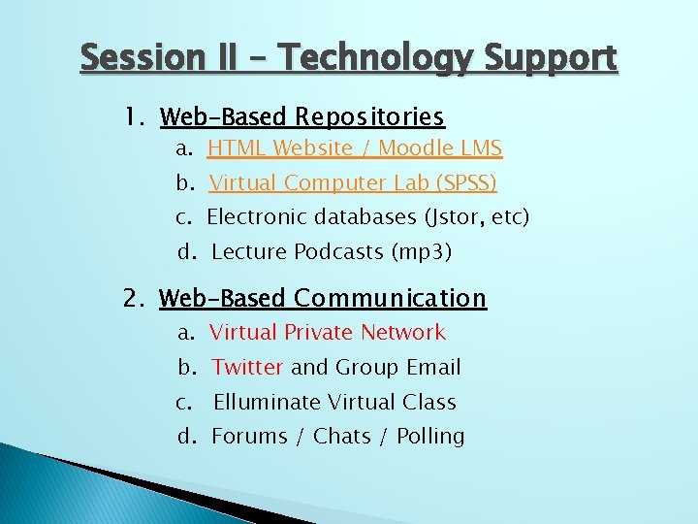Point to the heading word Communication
click(x=390, y=298)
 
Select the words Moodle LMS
click(x=440, y=148)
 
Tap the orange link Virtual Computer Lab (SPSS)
click(x=353, y=182)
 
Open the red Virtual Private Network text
click(x=327, y=333)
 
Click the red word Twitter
click(x=247, y=367)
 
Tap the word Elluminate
click(x=267, y=402)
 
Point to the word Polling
click(x=429, y=437)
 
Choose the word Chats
click(x=346, y=437)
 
